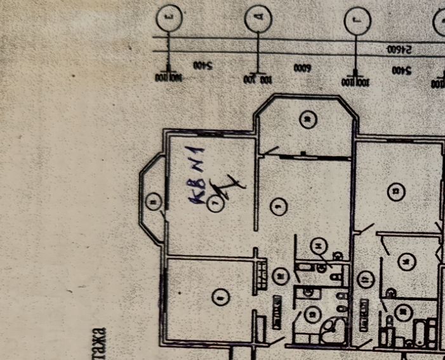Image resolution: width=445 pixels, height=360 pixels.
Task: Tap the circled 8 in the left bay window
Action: (x=152, y=203)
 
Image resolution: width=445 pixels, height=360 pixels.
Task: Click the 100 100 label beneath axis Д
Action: (x=256, y=77)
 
